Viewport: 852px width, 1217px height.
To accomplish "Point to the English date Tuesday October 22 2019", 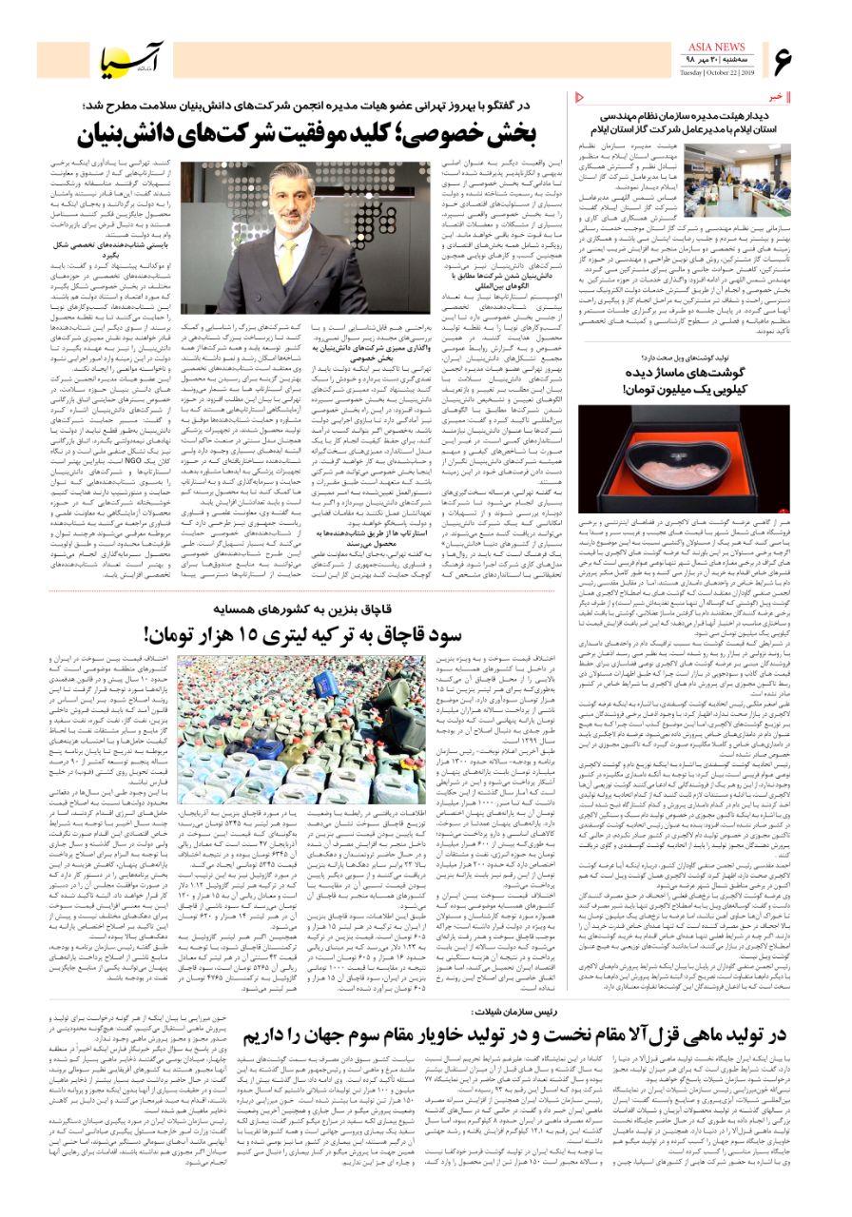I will [x=718, y=72].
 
